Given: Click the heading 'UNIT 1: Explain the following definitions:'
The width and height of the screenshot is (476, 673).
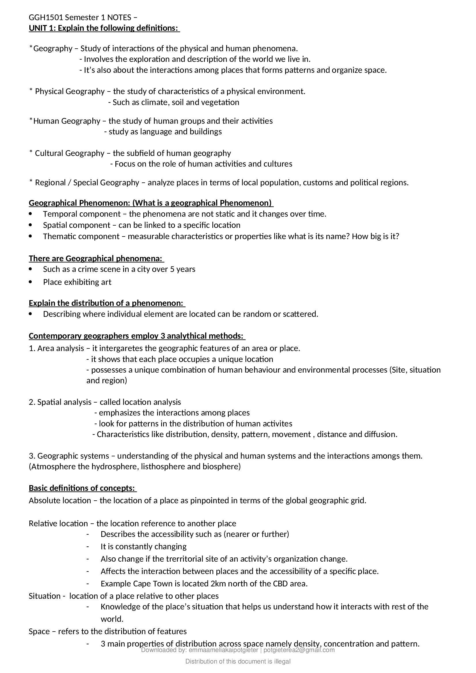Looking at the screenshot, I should tap(104, 28).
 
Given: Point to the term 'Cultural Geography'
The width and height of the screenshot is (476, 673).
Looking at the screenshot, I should tap(69, 153).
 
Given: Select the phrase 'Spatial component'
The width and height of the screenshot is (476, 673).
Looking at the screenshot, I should tap(77, 225).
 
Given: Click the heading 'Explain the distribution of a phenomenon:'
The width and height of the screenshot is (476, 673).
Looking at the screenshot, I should tap(107, 303).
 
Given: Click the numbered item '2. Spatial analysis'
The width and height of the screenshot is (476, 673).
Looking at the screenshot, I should tap(60, 402).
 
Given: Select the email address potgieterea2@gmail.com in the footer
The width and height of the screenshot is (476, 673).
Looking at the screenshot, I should tap(299, 650).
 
